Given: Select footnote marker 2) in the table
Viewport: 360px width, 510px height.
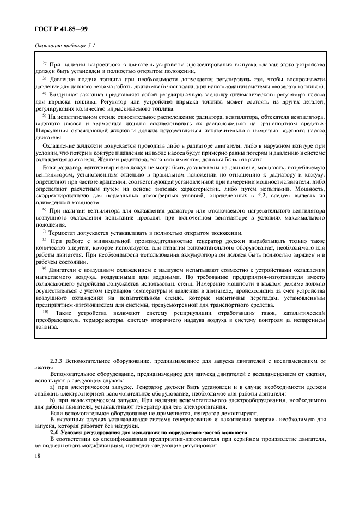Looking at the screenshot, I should [x=45, y=64].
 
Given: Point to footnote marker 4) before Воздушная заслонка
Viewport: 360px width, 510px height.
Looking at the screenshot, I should [x=45, y=93].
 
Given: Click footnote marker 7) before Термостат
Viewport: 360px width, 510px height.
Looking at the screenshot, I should [x=45, y=232].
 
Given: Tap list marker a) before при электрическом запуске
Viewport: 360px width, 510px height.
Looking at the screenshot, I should [x=52, y=387].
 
